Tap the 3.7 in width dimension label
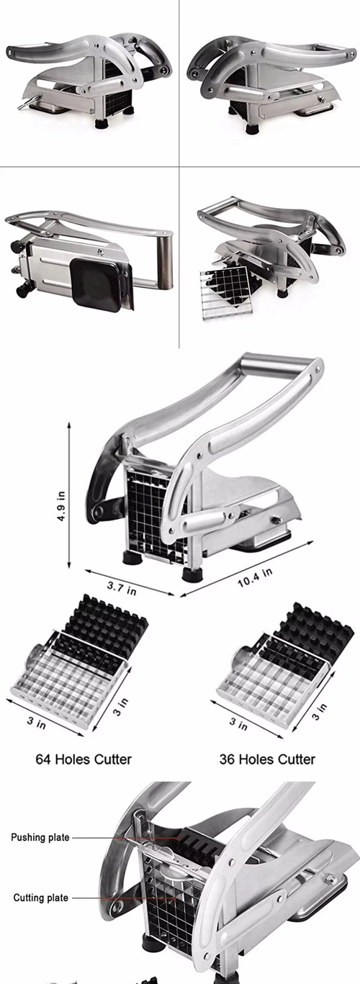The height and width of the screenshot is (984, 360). [x=122, y=589]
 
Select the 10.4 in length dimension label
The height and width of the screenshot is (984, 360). [x=255, y=577]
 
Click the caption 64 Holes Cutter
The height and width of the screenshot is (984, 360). [x=84, y=759]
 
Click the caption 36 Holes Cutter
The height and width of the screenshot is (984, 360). [x=267, y=759]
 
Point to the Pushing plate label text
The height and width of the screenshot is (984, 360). [x=40, y=837]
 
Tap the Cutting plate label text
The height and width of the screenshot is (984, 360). [x=41, y=898]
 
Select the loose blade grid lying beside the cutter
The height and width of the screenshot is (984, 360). [x=230, y=292]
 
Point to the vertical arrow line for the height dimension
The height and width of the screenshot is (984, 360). [x=71, y=496]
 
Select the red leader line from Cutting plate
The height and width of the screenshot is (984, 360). [x=122, y=898]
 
